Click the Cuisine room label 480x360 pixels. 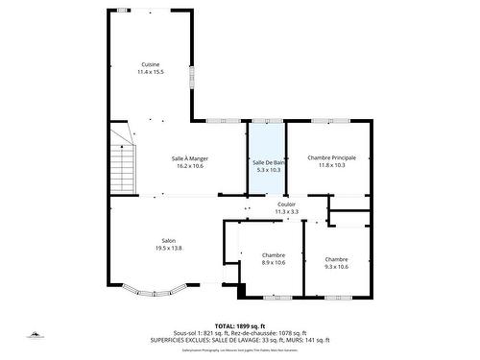tap(150, 64)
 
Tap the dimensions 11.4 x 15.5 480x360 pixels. tap(150, 72)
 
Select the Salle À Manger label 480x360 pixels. tap(190, 158)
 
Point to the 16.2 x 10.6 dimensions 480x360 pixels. tap(190, 166)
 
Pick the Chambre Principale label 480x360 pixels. tap(331, 157)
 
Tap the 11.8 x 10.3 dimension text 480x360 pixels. tap(331, 165)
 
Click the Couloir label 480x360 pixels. tap(286, 204)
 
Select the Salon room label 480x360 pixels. tap(168, 240)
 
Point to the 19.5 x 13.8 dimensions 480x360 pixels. tap(168, 248)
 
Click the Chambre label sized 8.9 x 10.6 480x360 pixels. tap(274, 254)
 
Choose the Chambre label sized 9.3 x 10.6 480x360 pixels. tap(336, 258)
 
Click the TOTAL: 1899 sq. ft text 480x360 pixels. tap(240, 326)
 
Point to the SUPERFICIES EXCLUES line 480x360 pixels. tap(240, 340)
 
